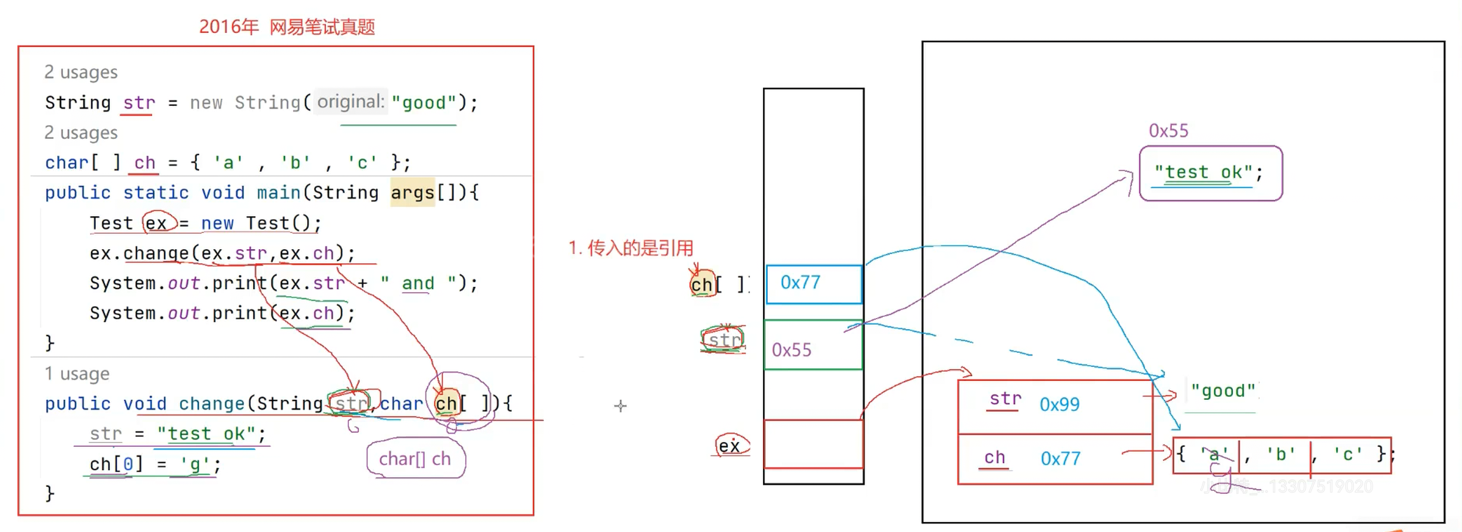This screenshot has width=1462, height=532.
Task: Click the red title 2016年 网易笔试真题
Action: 287,27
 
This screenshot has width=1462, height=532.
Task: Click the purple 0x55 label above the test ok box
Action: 1168,131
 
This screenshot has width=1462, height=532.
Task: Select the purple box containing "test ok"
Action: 1210,173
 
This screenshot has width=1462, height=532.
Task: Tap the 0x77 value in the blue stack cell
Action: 800,283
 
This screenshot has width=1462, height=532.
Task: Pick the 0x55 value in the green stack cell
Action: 791,350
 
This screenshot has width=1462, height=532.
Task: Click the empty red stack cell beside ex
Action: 813,444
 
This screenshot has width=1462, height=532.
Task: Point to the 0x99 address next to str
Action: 1059,404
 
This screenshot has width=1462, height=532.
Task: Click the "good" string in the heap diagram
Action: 1222,392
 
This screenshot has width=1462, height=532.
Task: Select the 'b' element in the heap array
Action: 1280,454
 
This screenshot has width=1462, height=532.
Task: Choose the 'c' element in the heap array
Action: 1347,454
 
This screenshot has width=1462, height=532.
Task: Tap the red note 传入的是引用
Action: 631,248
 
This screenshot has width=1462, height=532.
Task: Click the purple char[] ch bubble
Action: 415,459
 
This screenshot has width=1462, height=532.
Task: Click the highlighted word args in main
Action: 412,193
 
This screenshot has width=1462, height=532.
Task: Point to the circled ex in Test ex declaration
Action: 157,223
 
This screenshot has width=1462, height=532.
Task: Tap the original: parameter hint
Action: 351,102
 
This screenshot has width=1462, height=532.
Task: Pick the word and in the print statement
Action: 418,283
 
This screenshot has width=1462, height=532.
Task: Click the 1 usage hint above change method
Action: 77,374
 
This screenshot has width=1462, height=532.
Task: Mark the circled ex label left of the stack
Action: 730,446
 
